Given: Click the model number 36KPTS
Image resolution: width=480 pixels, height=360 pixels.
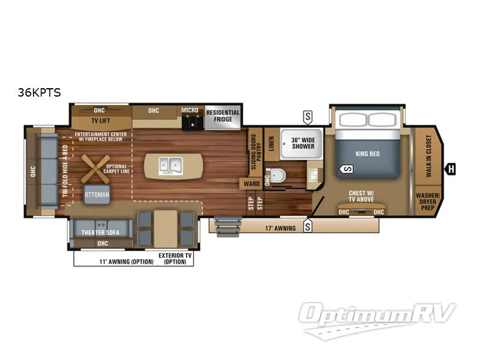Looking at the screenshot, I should click(x=39, y=92).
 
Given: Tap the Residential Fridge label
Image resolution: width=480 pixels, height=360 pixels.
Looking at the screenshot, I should click(x=223, y=116).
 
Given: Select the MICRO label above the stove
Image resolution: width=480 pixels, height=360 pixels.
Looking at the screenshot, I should click(x=190, y=110).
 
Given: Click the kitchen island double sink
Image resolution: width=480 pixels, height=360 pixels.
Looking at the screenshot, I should click(x=169, y=164).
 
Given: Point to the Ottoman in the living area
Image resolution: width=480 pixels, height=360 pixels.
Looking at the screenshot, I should click(x=97, y=194).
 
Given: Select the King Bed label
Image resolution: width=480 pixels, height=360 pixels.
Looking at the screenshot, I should click(x=367, y=154).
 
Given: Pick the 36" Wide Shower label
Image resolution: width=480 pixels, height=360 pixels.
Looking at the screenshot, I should click(x=302, y=143).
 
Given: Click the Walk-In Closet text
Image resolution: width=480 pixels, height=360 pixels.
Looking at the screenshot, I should click(x=428, y=157).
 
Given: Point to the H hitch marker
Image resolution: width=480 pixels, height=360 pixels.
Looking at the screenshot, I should click(x=450, y=169).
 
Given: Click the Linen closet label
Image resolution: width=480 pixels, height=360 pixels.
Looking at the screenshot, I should click(x=271, y=145).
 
